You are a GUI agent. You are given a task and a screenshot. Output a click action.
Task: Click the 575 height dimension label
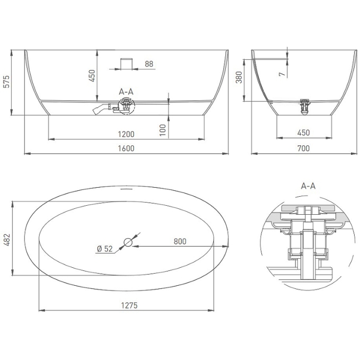click(7, 82)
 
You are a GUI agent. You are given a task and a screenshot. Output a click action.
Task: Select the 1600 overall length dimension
click(126, 148)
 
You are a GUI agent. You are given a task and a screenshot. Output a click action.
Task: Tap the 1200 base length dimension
click(126, 134)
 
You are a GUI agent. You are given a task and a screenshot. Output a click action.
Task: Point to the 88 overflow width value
click(149, 64)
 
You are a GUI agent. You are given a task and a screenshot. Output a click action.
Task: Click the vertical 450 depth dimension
click(92, 76)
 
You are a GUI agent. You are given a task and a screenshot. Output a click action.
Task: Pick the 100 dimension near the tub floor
click(163, 130)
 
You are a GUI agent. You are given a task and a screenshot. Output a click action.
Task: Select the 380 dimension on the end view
click(239, 77)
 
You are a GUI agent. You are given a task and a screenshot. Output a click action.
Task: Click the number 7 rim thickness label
click(282, 74)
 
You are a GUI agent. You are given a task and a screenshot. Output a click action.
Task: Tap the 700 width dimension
click(303, 148)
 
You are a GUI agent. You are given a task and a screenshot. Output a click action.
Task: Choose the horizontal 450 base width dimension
click(303, 133)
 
